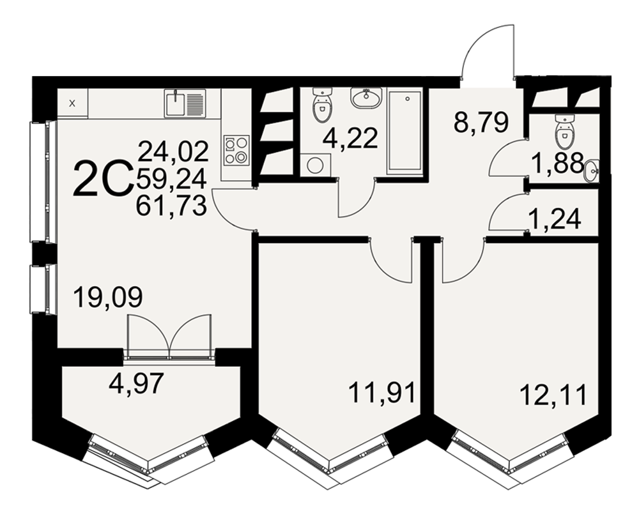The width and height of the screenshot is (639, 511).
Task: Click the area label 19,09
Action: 108,297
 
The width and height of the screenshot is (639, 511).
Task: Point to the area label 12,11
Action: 554,395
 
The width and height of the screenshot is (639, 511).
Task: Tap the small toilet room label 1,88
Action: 557,163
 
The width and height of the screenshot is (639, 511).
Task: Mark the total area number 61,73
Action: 171,205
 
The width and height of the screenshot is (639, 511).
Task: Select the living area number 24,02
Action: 173,151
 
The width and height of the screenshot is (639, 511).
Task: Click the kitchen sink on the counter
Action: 185,103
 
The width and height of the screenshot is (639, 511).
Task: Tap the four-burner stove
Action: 236,149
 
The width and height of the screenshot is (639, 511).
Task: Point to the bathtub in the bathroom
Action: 404,131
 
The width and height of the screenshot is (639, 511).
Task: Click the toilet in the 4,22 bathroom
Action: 322,105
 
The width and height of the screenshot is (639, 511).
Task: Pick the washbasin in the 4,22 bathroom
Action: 366,98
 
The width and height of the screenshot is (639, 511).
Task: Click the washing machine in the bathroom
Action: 316,165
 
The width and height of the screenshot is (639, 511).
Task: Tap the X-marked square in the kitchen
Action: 73,103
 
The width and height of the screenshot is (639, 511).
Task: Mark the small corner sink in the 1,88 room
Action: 592,171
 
